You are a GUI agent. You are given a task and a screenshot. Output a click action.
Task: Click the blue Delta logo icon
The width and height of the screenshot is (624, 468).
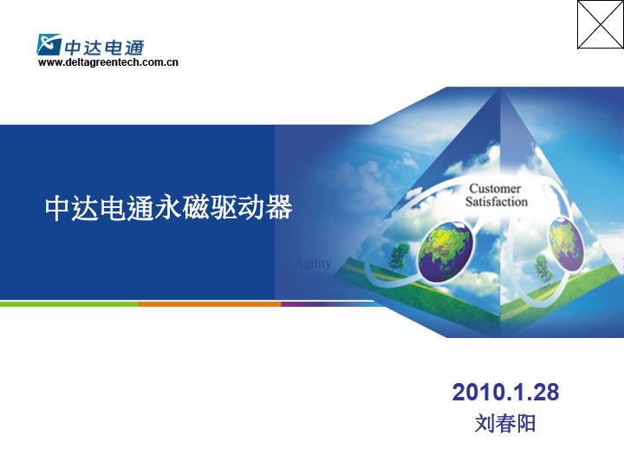click(49, 44)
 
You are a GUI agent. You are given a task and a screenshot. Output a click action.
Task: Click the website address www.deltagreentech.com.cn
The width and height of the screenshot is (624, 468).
click(108, 62)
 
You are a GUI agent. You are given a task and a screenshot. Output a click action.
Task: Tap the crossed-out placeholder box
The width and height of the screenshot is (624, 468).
click(601, 24)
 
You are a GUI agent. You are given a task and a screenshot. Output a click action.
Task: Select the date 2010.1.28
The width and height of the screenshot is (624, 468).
click(505, 392)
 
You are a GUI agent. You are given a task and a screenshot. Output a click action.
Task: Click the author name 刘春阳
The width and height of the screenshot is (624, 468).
click(505, 423)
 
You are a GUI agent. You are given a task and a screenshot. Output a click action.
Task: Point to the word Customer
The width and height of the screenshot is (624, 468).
click(495, 188)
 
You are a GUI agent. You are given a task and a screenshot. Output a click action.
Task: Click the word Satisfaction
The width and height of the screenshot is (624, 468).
click(497, 201)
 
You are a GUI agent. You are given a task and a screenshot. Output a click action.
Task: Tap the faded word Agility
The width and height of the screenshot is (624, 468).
click(314, 263)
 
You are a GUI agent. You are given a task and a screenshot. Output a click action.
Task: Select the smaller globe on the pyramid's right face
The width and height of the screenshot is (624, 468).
click(566, 244)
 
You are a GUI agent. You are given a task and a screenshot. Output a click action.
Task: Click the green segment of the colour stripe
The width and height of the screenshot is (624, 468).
click(69, 304)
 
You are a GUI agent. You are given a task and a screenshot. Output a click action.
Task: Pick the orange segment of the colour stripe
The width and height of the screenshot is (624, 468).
click(210, 304)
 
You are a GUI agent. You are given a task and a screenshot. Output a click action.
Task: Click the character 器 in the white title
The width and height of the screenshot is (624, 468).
click(279, 207)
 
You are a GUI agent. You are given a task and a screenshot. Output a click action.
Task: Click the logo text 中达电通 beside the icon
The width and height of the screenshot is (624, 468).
click(104, 48)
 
